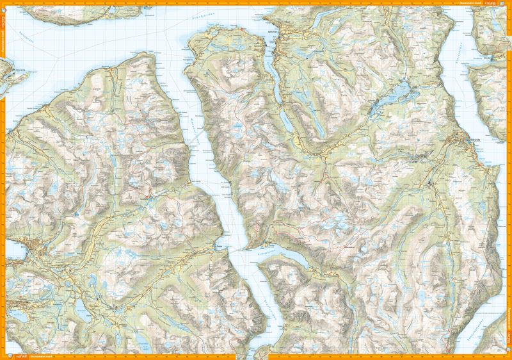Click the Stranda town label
point(474,138)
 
